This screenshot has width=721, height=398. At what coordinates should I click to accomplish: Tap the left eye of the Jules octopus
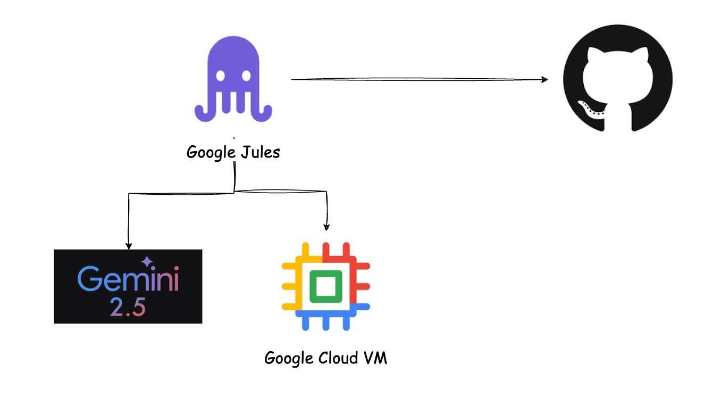[220, 76]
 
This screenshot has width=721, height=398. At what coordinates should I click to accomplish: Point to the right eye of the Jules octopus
[246, 76]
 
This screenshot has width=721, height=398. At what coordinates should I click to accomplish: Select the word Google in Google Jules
[211, 153]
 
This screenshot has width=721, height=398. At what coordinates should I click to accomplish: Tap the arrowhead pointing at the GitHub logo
[543, 80]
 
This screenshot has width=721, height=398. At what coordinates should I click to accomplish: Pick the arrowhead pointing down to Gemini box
[128, 245]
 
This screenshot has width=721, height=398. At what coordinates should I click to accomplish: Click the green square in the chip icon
[326, 287]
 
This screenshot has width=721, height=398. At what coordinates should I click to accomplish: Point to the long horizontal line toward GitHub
[415, 80]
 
